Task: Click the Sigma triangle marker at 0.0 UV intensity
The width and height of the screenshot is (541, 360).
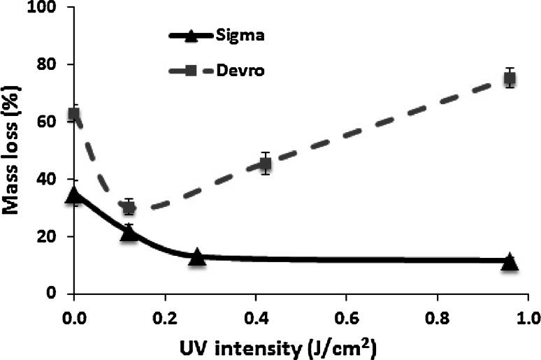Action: tap(74, 194)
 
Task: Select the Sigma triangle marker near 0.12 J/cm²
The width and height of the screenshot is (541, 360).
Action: tap(129, 233)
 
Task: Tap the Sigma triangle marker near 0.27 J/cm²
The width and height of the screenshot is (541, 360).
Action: tap(197, 257)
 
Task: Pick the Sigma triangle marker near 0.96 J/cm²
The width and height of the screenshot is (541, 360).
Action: tap(510, 261)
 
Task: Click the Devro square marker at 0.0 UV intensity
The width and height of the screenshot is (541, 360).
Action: tap(74, 114)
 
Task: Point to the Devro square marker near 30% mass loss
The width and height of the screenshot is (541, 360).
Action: tap(129, 208)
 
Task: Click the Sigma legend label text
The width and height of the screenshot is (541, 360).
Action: tap(244, 36)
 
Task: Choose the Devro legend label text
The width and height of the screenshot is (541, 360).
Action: tap(244, 71)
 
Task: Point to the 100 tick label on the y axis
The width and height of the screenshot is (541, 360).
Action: tap(45, 8)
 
